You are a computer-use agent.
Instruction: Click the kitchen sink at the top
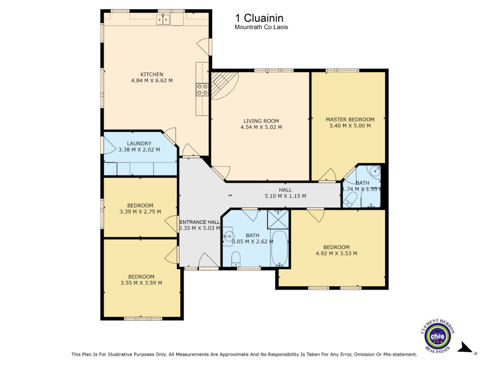pyautogui.click(x=163, y=19)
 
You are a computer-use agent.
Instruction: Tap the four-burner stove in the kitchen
pyautogui.click(x=202, y=89)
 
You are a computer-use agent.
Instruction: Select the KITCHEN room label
pyautogui.click(x=152, y=74)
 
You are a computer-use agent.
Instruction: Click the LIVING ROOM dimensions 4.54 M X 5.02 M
pyautogui.click(x=261, y=127)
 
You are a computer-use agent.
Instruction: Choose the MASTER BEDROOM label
pyautogui.click(x=350, y=119)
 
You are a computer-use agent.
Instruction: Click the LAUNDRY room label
pyautogui.click(x=139, y=143)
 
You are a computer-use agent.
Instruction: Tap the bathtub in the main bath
pyautogui.click(x=279, y=248)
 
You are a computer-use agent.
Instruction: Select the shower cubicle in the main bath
pyautogui.click(x=278, y=220)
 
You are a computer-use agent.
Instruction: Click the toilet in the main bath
pyautogui.click(x=236, y=259)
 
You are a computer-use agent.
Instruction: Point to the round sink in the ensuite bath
pyautogui.click(x=373, y=171)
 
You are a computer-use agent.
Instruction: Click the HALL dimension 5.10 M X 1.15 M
pyautogui.click(x=286, y=196)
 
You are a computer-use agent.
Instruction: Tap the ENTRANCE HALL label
pyautogui.click(x=200, y=222)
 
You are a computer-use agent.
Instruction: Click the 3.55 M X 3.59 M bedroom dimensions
pyautogui.click(x=141, y=283)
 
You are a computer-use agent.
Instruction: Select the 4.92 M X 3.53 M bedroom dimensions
pyautogui.click(x=337, y=253)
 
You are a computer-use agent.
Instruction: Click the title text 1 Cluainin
pyautogui.click(x=259, y=18)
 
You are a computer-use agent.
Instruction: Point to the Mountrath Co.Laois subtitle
pyautogui.click(x=261, y=27)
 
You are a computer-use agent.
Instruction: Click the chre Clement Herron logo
pyautogui.click(x=437, y=336)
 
